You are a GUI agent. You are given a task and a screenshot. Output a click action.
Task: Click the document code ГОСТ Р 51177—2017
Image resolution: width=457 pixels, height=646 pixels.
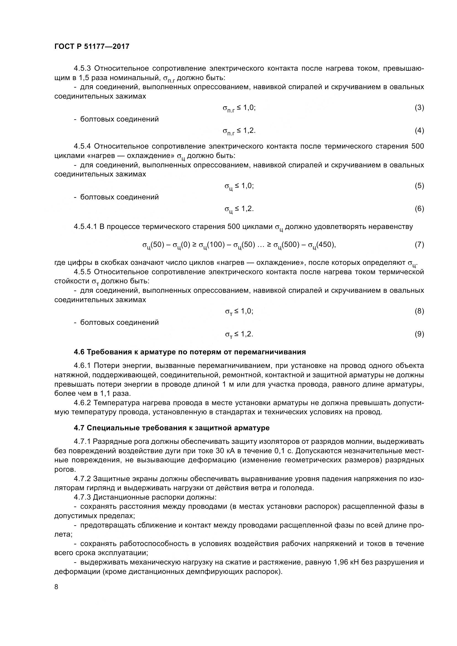click(92, 46)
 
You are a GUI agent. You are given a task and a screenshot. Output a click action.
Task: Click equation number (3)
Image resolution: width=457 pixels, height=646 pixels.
click(419, 107)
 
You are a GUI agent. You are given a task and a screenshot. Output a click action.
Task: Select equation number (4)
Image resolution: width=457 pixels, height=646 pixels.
click(419, 131)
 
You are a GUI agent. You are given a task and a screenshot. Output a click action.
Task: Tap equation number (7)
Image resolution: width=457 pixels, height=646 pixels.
click(419, 244)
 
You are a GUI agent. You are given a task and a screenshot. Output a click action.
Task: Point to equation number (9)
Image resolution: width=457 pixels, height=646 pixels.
click(419, 334)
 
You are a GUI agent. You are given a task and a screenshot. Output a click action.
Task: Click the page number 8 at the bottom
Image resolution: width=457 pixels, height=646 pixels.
click(56, 587)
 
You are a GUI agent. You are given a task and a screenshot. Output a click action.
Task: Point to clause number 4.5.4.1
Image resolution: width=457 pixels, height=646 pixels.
click(86, 227)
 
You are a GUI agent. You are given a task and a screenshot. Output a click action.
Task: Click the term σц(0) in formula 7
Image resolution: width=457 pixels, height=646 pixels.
click(182, 245)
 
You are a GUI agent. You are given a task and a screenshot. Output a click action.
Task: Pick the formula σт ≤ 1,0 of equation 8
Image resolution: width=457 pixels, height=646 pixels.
click(239, 311)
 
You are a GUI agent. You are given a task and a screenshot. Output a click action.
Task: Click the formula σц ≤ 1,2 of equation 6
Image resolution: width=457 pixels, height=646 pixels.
click(239, 209)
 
